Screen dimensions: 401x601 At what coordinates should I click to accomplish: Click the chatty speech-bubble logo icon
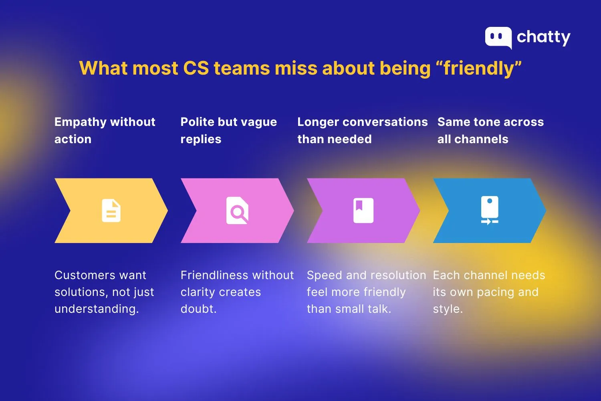[x=498, y=37]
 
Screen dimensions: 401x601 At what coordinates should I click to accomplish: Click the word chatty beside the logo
[x=543, y=37]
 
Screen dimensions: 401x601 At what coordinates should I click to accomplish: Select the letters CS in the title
[x=196, y=68]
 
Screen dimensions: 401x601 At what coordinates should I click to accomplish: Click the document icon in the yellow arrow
[x=111, y=211]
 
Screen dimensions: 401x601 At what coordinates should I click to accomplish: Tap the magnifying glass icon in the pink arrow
[x=238, y=211]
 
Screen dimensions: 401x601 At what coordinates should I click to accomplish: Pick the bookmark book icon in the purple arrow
[x=363, y=211]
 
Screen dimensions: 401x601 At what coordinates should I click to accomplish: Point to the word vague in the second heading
[x=258, y=122]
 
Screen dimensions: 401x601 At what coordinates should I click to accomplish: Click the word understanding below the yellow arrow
[x=96, y=309]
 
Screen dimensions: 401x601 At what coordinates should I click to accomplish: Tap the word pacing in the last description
[x=496, y=292]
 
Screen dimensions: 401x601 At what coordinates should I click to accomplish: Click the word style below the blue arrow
[x=447, y=309]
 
